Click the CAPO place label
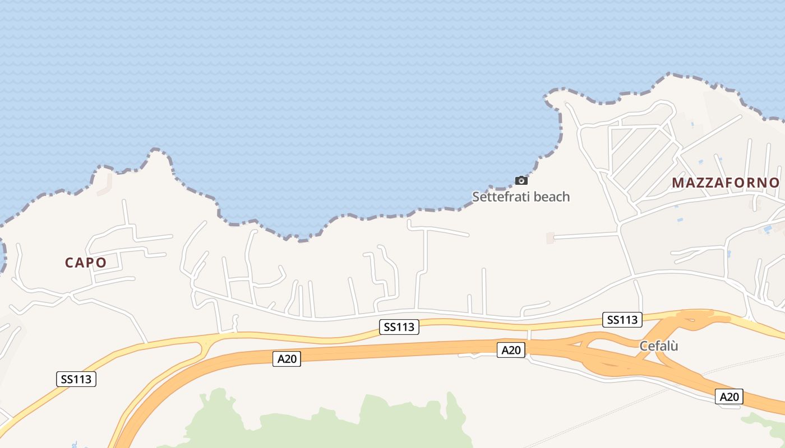tap(86, 263)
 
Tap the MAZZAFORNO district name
tap(726, 183)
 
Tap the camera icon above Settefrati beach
tap(521, 180)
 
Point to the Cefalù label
tap(659, 346)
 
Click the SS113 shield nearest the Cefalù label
tap(623, 320)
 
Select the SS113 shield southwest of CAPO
tap(76, 379)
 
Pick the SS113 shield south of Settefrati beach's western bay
tap(399, 327)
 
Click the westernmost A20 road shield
tap(287, 359)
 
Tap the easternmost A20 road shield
tap(729, 397)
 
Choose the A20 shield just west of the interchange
tap(511, 351)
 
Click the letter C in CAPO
tap(69, 263)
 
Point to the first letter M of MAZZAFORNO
tap(677, 183)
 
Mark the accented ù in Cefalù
tap(675, 346)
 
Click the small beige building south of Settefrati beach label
tap(550, 238)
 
